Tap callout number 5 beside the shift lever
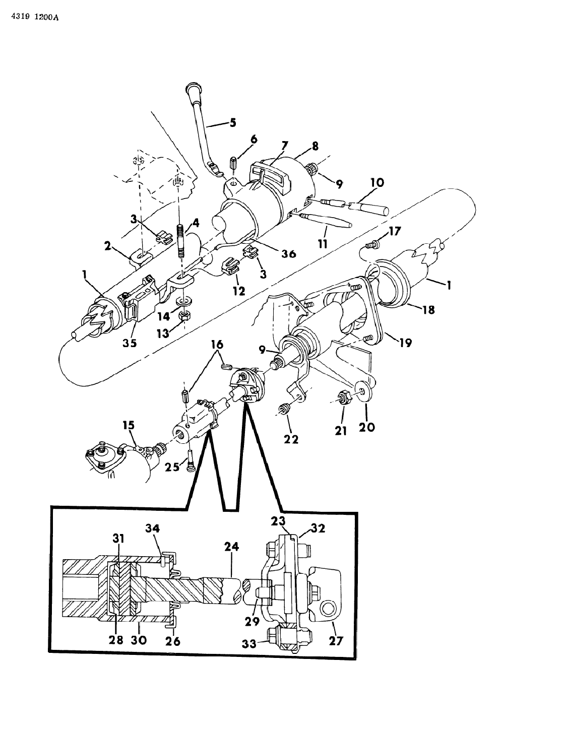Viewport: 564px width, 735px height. [x=232, y=122]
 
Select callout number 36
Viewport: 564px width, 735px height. [x=288, y=254]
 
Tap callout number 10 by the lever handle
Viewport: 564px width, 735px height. [x=378, y=183]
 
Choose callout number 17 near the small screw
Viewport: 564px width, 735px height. [x=394, y=232]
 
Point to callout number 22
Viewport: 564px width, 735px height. [x=291, y=439]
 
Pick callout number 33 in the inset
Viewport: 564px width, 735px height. [x=259, y=643]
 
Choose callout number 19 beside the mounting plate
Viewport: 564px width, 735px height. [x=405, y=343]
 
